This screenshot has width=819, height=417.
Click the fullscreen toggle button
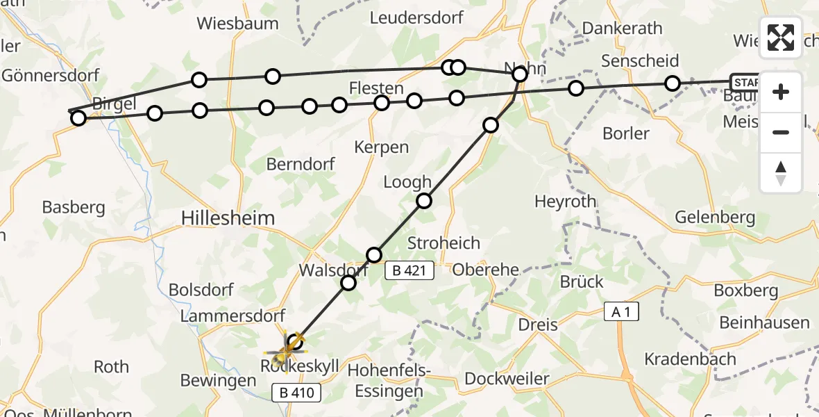[781, 38]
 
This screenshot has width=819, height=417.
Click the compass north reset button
[781, 173]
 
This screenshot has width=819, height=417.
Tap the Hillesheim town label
[228, 218]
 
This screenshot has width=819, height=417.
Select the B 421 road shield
[409, 271]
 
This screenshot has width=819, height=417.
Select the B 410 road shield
[296, 393]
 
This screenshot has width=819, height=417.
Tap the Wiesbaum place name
[237, 23]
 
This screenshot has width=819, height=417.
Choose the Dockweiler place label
[507, 379]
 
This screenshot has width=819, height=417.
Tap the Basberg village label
[73, 206]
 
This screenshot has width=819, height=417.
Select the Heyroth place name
[565, 202]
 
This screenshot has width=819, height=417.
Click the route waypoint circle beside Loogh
[423, 201]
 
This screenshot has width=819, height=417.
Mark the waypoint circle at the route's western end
[78, 119]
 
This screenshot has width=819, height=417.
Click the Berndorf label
[301, 164]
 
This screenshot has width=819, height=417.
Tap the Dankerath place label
[623, 28]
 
